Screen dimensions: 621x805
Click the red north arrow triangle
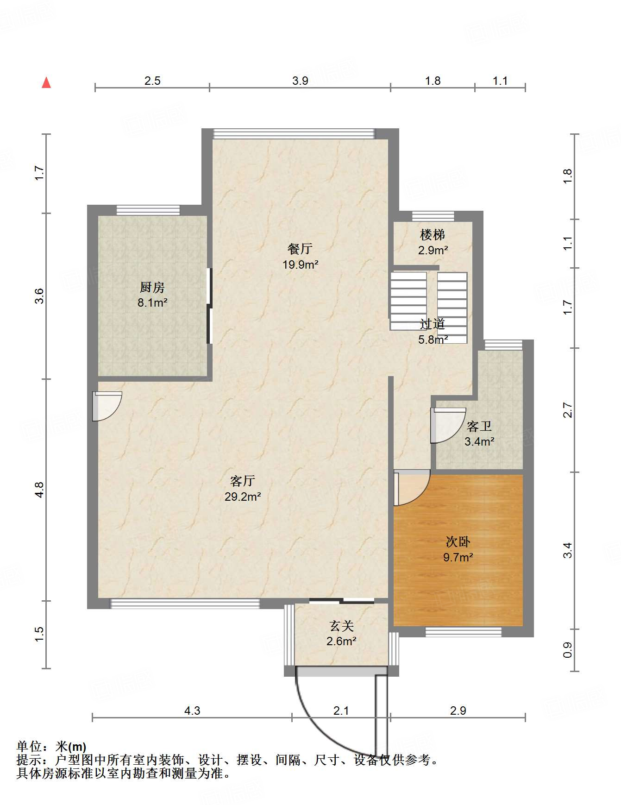[x=46, y=82]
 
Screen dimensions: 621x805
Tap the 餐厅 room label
[x=300, y=249]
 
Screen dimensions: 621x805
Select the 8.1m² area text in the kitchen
[x=152, y=303]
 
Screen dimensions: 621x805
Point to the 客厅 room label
[x=243, y=481]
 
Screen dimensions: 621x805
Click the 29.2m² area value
[x=243, y=497]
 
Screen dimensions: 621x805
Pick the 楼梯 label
[x=433, y=235]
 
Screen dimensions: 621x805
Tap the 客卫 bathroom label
[x=479, y=426]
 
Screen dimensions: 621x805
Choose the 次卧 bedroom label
[x=458, y=541]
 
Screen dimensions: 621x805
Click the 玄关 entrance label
[x=342, y=626]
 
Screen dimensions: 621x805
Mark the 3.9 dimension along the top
[x=300, y=81]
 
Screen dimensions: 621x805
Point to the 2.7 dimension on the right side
[x=568, y=410]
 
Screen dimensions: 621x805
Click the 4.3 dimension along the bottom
[x=192, y=711]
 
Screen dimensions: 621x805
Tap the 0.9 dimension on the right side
[x=568, y=650]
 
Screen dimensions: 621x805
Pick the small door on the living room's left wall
[x=107, y=406]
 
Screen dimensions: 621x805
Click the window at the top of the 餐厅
[x=294, y=133]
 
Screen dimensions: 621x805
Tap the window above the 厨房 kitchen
[x=148, y=210]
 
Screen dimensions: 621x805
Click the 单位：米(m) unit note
[x=51, y=747]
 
